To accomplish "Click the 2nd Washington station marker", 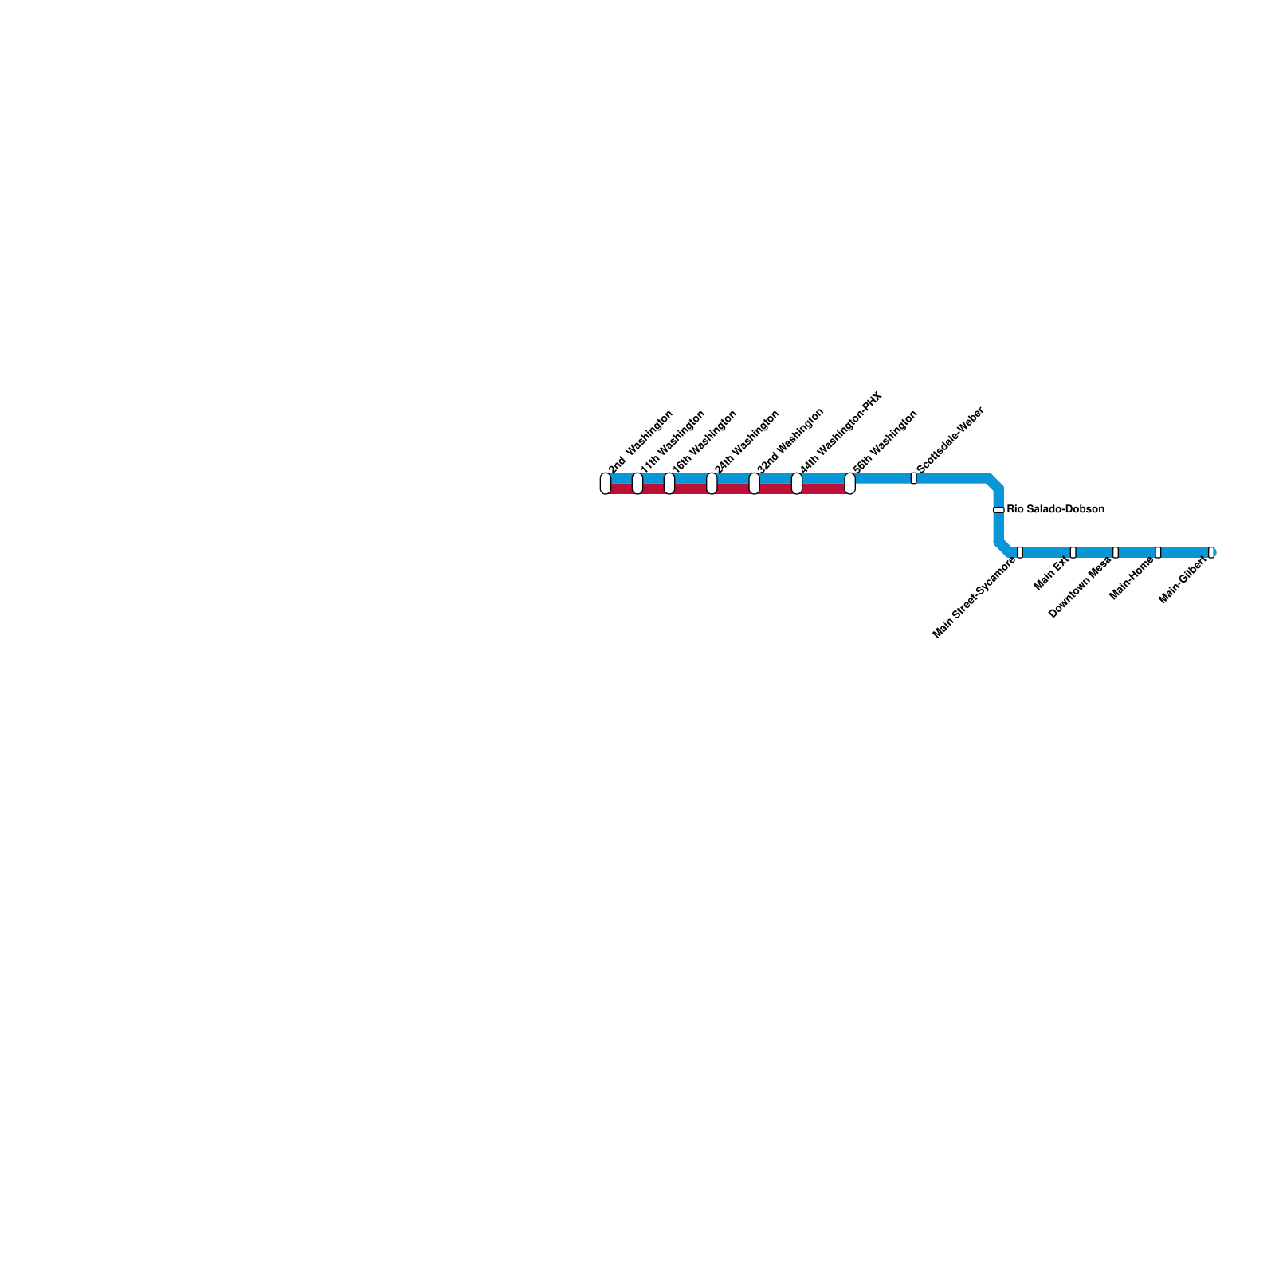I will click(606, 484).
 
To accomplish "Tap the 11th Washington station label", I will click(673, 439).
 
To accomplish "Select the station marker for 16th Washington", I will click(669, 484).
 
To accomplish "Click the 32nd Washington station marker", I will click(755, 484).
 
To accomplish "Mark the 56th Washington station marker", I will click(850, 484).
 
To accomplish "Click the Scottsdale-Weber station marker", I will click(913, 478).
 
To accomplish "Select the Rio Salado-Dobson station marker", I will click(998, 509).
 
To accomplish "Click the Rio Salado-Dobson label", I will click(1055, 509).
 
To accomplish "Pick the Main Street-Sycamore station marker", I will click(1020, 552).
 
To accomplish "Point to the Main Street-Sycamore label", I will click(975, 598).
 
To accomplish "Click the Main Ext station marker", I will click(1073, 552).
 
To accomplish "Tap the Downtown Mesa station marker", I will click(1116, 552).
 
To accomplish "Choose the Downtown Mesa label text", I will click(1080, 588).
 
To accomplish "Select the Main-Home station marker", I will click(1158, 552).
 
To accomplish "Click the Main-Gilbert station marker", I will click(1211, 552).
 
